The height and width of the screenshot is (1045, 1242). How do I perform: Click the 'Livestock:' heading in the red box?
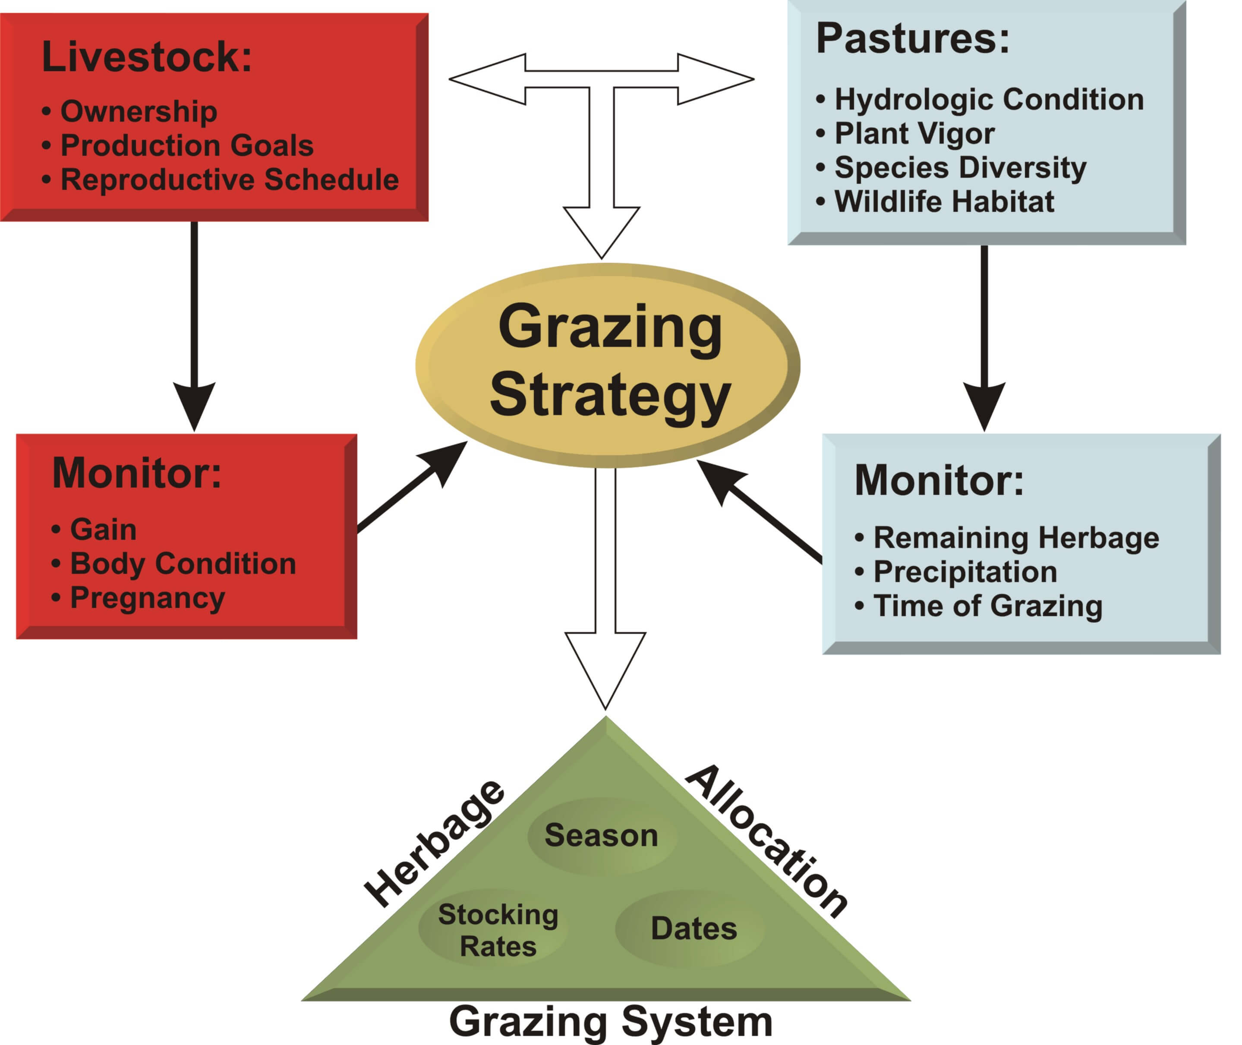pyautogui.click(x=147, y=57)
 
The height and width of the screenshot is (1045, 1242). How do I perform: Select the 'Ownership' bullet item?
pyautogui.click(x=138, y=111)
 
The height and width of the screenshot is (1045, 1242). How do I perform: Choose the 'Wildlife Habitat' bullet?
pyautogui.click(x=944, y=201)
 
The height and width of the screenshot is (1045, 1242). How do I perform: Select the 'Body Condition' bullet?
pyautogui.click(x=183, y=563)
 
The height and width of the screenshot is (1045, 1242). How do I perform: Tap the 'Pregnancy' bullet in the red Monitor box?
pyautogui.click(x=147, y=598)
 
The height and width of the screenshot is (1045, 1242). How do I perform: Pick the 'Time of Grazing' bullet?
pyautogui.click(x=988, y=606)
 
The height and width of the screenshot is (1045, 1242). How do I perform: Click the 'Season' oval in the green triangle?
pyautogui.click(x=601, y=835)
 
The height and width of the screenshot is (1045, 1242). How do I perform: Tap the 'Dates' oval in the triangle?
pyautogui.click(x=694, y=929)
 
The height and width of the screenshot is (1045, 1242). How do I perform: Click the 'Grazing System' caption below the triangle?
pyautogui.click(x=610, y=1021)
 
